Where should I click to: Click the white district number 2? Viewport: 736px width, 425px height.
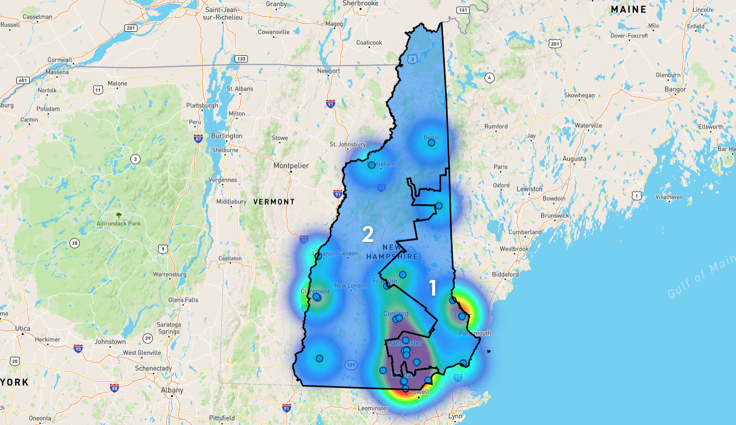[x=367, y=234]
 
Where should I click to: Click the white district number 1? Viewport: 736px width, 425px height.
[x=433, y=288]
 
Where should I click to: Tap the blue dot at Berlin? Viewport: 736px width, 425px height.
[x=431, y=143]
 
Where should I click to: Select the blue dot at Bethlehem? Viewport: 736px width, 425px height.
[x=372, y=165]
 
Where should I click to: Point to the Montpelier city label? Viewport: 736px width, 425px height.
[x=291, y=166]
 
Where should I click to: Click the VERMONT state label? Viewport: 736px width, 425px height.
[x=274, y=202]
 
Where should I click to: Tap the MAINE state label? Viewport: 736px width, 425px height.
[x=629, y=10]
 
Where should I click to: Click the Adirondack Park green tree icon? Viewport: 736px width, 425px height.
[x=119, y=215]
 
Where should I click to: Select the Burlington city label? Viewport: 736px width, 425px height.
[x=227, y=136]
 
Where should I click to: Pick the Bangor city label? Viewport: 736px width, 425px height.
[x=675, y=90]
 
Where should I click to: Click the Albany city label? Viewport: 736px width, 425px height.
[x=172, y=390]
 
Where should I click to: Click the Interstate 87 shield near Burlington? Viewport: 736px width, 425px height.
[x=198, y=138]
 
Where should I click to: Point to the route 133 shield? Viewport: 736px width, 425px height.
[x=241, y=59]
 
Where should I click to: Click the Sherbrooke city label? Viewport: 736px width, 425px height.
[x=360, y=3]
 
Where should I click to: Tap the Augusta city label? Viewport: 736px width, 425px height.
[x=574, y=159]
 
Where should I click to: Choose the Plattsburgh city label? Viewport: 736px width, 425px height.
[x=202, y=105]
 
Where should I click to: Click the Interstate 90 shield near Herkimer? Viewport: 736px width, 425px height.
[x=78, y=349]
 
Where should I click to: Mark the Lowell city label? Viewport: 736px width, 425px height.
[x=421, y=392]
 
